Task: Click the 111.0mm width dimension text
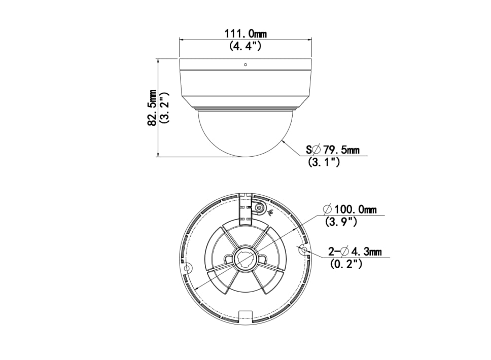click(245, 34)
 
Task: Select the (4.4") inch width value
click(245, 46)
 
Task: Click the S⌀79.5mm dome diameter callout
click(333, 150)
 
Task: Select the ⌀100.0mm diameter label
click(350, 209)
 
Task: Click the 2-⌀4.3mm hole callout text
click(355, 251)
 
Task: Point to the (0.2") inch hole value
click(346, 264)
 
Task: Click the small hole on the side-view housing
click(245, 65)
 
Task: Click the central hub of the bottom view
click(245, 259)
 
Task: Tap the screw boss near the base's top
click(260, 208)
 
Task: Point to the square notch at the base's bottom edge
click(245, 315)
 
